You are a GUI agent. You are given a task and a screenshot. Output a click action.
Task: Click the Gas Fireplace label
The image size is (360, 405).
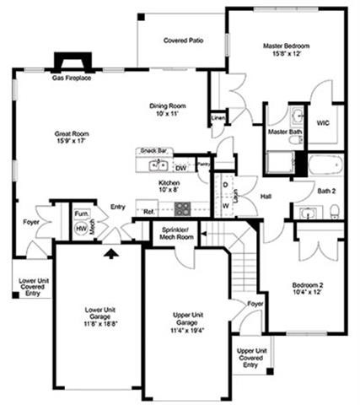coord(72,78)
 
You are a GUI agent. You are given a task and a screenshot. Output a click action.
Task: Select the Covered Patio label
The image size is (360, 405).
coord(183,40)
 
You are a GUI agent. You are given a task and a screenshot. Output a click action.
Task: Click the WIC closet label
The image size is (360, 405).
coord(322,122)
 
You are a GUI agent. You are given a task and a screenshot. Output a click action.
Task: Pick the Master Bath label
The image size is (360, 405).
coord(284,132)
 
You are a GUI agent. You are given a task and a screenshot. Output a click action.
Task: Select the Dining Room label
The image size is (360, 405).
coord(168,105)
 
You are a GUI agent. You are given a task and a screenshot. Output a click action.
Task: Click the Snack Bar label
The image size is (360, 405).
coord(154,152)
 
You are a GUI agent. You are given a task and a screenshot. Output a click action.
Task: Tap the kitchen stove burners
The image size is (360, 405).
coord(183,208)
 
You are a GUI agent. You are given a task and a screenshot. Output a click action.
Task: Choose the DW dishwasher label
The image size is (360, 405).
coord(180,167)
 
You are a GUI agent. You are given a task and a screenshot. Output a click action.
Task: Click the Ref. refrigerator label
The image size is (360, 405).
coord(148,212)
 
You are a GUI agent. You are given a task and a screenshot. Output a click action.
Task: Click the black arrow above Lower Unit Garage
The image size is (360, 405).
coord(110,251)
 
